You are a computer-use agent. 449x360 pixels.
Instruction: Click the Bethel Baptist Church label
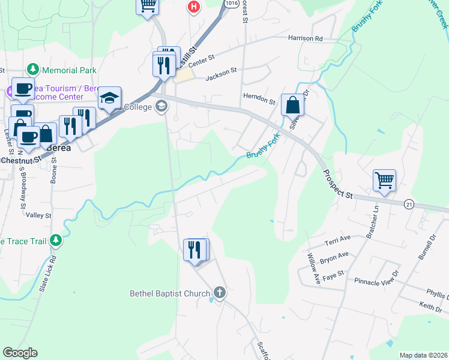point(170,293)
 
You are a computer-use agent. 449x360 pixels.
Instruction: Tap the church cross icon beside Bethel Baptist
point(220,293)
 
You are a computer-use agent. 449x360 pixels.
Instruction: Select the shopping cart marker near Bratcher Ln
point(384,180)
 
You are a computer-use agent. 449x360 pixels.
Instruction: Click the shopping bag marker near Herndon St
point(292,105)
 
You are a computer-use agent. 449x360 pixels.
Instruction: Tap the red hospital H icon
point(193,7)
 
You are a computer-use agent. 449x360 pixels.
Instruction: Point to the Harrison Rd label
point(305,38)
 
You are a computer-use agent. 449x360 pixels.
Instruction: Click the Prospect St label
point(337,184)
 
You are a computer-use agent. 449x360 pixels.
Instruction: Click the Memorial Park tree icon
point(32,70)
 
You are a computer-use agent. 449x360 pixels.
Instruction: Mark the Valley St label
point(39,215)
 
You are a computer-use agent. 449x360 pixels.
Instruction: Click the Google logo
point(20,353)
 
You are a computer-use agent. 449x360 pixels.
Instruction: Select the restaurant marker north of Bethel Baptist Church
point(194,249)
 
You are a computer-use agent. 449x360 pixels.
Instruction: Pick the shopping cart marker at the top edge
point(148,6)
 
